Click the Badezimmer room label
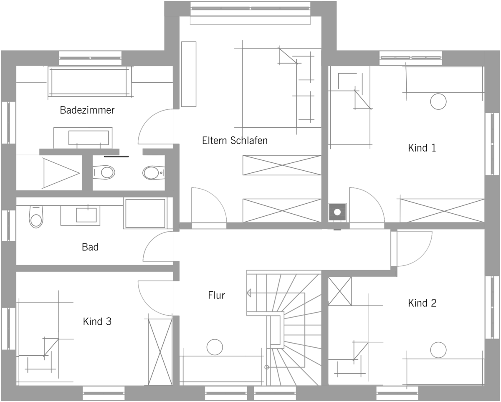coord(87,110)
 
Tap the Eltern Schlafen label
coord(235,141)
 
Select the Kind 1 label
coord(422,148)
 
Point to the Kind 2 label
coord(422,303)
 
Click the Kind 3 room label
coord(97,321)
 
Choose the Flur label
coord(216,295)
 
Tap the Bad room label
coord(90,247)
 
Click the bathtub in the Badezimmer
coord(90,82)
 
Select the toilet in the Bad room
coord(36,217)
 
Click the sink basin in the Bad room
coord(86,215)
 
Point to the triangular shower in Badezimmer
coord(61,173)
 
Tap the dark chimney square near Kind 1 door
coord(337,212)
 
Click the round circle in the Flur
coord(215,347)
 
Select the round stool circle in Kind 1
coord(438,101)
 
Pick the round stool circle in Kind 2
coord(438,350)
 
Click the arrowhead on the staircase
coord(249,293)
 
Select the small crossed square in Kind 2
coord(340,291)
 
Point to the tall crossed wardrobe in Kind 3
coord(160,352)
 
